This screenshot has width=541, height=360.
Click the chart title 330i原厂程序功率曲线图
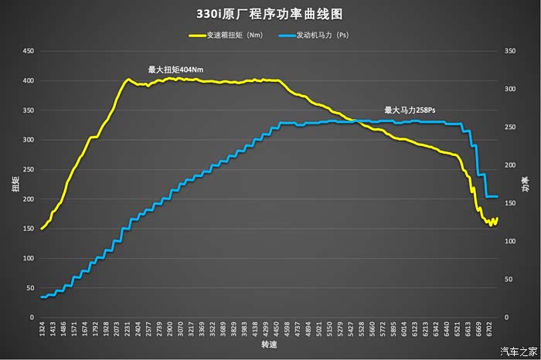pyautogui.click(x=270, y=14)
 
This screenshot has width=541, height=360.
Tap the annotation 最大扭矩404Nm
pyautogui.click(x=176, y=70)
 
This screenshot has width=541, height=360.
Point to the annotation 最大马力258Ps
pyautogui.click(x=415, y=110)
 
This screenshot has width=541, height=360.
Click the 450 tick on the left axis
pyautogui.click(x=29, y=51)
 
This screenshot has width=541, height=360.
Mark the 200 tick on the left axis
pyautogui.click(x=29, y=199)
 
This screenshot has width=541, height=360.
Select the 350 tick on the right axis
pyautogui.click(x=508, y=51)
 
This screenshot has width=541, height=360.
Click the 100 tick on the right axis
pyautogui.click(x=508, y=241)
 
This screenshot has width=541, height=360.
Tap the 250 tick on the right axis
pyautogui.click(x=508, y=127)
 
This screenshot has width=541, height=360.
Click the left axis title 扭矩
pyautogui.click(x=15, y=184)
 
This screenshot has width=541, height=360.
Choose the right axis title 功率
pyautogui.click(x=526, y=184)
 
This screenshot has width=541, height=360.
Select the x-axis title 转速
pyautogui.click(x=269, y=345)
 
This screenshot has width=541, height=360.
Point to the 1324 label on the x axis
pyautogui.click(x=43, y=329)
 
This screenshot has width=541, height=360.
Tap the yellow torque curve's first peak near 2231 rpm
pyautogui.click(x=128, y=80)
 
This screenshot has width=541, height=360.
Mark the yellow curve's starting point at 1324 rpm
pyautogui.click(x=42, y=229)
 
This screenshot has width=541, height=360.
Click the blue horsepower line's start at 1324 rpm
pyautogui.click(x=42, y=297)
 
